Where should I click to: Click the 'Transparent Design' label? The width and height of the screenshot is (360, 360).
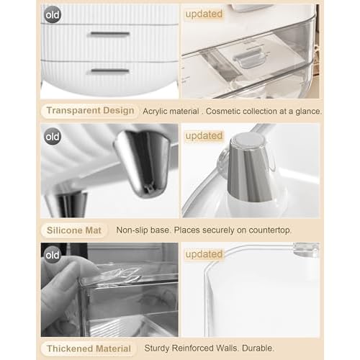click(90, 111)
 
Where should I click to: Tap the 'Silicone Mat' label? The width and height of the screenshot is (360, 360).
click(74, 230)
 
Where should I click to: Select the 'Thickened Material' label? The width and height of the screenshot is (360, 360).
click(89, 348)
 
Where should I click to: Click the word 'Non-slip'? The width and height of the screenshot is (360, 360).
click(132, 230)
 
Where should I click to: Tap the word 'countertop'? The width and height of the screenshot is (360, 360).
click(270, 230)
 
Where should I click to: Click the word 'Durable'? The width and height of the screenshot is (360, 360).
click(258, 348)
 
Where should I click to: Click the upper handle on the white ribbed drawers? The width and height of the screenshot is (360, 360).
click(109, 35)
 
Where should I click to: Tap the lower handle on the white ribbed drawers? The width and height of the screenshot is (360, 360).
click(110, 71)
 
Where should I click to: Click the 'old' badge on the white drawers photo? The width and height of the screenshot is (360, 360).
click(53, 15)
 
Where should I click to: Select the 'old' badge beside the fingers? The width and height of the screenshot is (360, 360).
click(53, 255)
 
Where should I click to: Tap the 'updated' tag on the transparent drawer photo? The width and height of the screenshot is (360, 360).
click(204, 14)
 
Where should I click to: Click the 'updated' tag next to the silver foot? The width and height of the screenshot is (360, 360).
click(204, 136)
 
